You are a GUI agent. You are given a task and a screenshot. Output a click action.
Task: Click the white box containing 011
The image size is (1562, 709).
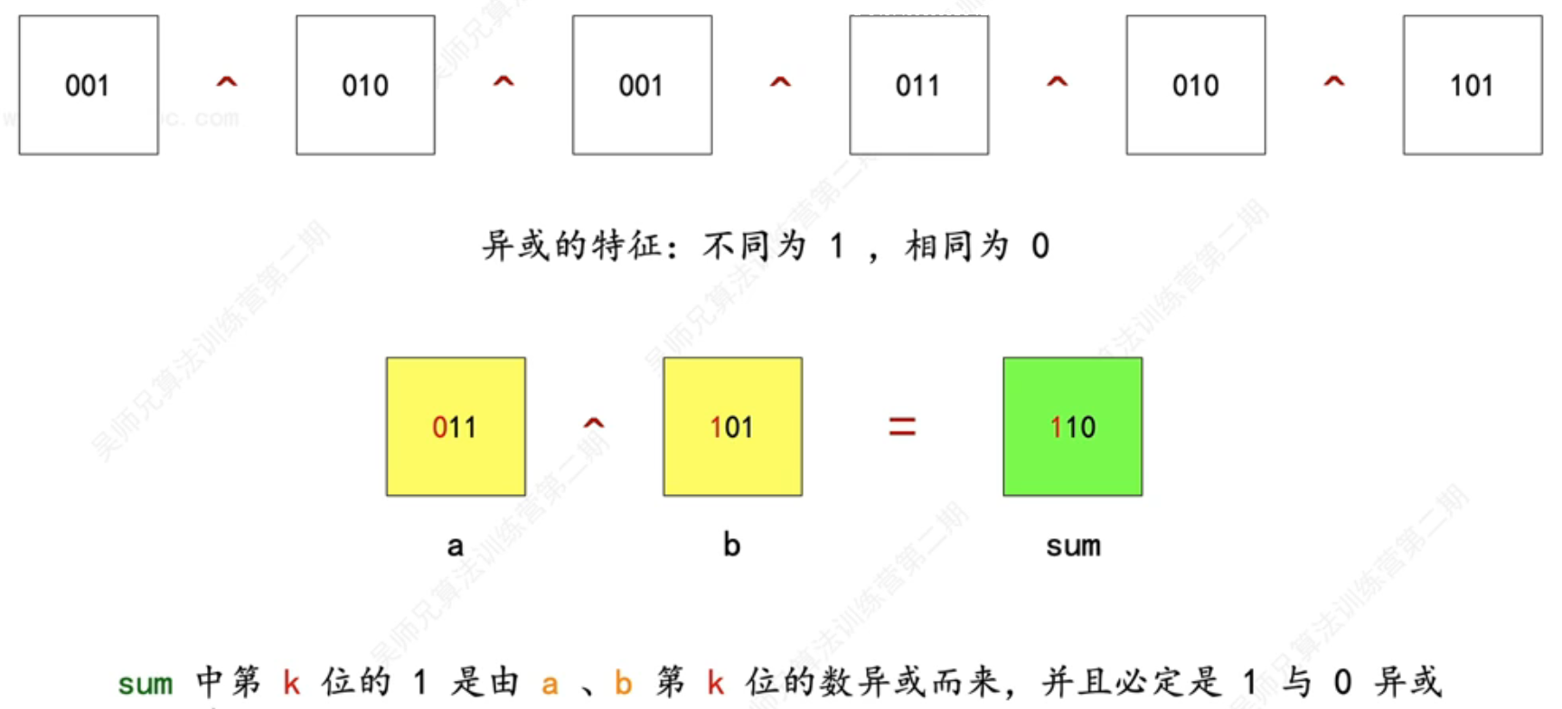click(x=918, y=85)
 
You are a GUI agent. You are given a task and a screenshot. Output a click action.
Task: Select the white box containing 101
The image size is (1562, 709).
click(x=1472, y=85)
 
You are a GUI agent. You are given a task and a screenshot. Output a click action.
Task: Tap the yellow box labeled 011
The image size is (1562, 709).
click(x=456, y=426)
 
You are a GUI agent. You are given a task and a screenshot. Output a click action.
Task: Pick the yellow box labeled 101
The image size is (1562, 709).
click(x=732, y=426)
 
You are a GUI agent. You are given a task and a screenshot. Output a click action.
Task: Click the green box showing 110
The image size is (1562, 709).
click(x=1072, y=426)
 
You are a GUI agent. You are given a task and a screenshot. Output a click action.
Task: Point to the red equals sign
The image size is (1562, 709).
click(x=902, y=426)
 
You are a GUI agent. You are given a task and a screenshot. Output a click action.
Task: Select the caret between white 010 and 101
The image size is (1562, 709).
click(x=1333, y=82)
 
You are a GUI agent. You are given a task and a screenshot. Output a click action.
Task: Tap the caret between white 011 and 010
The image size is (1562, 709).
click(x=1057, y=82)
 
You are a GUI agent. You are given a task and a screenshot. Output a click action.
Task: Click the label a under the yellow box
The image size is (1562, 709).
click(x=455, y=546)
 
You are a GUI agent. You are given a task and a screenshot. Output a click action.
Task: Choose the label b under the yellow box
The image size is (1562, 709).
click(x=731, y=545)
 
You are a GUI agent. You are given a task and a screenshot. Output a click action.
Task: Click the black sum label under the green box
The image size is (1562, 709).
click(x=1073, y=546)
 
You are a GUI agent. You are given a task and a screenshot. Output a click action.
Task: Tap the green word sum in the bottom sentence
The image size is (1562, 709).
click(x=145, y=684)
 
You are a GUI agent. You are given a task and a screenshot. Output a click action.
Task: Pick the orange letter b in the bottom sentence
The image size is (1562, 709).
click(x=623, y=683)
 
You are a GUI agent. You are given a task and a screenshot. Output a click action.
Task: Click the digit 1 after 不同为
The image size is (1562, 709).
click(x=837, y=246)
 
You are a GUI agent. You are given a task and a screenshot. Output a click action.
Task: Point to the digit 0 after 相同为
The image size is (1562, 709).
click(x=1040, y=246)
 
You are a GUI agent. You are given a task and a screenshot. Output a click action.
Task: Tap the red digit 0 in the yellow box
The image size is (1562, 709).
click(x=439, y=426)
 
